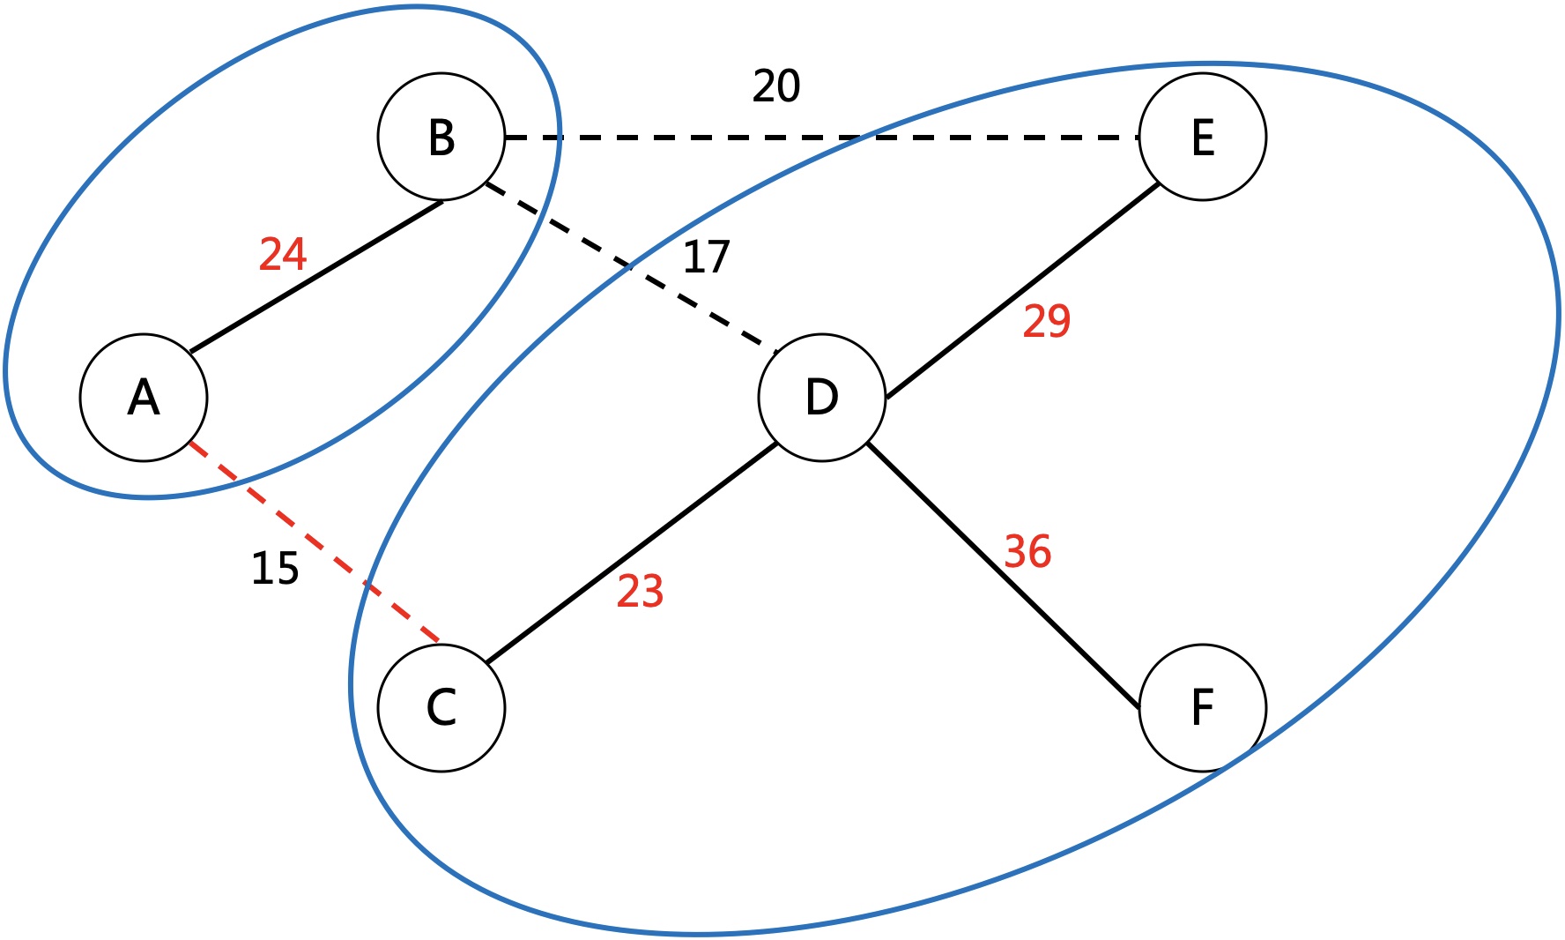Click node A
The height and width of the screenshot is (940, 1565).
click(x=144, y=397)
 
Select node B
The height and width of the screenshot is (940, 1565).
click(x=441, y=137)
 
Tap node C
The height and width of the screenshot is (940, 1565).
click(x=441, y=707)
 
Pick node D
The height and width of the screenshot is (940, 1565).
click(x=822, y=397)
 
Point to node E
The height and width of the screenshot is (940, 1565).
click(x=1203, y=137)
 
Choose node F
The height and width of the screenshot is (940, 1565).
click(x=1203, y=707)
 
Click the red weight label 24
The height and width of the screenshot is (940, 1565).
click(x=283, y=254)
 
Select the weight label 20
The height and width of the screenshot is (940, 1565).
click(x=776, y=86)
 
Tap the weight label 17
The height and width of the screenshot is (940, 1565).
click(x=707, y=257)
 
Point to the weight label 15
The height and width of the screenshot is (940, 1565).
click(x=275, y=569)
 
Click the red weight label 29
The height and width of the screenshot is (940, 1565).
click(x=1047, y=321)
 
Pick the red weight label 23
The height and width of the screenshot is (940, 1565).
click(x=640, y=592)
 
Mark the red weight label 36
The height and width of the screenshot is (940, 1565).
click(x=1027, y=552)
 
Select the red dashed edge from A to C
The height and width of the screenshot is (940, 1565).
click(x=315, y=543)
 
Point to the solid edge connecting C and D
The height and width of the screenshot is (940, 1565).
click(x=631, y=553)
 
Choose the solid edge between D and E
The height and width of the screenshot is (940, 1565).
click(x=1022, y=292)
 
